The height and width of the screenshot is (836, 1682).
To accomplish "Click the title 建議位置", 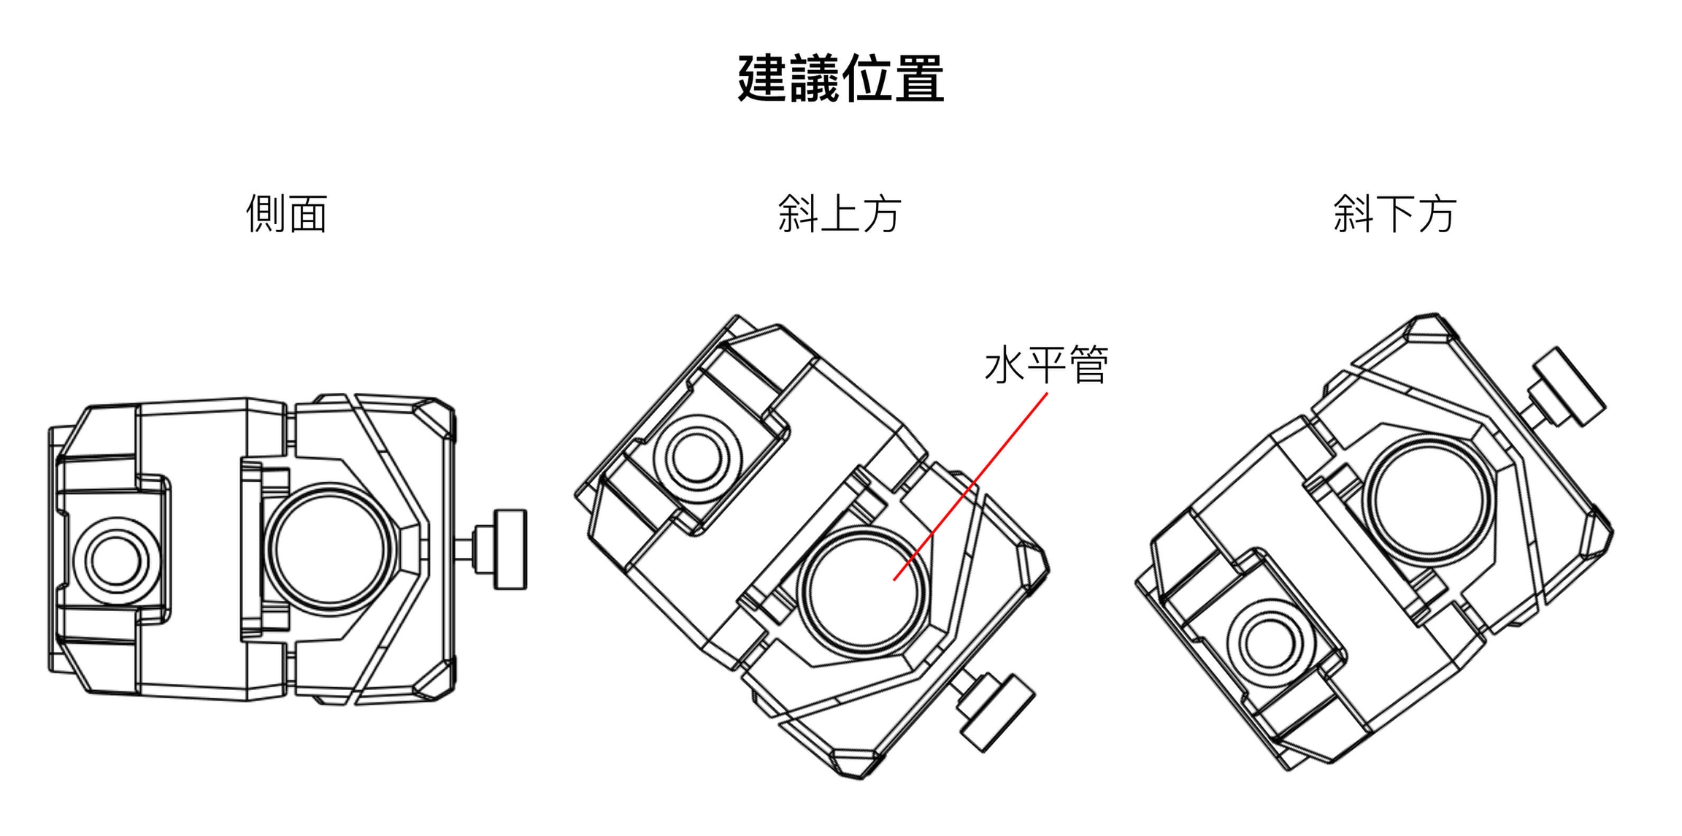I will click(x=840, y=78).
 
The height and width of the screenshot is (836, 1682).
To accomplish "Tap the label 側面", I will click(x=286, y=213).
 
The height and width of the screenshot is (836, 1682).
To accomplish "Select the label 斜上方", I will click(x=840, y=213).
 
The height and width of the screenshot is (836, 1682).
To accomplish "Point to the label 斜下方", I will click(x=1394, y=213).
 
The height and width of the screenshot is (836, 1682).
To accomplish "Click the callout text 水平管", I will click(x=1046, y=365).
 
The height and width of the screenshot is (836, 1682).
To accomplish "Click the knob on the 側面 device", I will click(x=509, y=549).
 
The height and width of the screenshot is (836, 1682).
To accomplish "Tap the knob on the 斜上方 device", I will click(x=994, y=711).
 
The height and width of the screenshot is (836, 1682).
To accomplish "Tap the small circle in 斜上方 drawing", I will click(x=697, y=459).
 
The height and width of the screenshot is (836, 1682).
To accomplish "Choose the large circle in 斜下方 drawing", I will click(x=1428, y=500).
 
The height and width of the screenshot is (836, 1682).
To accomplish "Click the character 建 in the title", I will click(x=763, y=78).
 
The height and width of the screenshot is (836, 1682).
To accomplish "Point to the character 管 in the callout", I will click(x=1088, y=365).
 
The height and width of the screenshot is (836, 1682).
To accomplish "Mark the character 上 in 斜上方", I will click(x=840, y=213).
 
